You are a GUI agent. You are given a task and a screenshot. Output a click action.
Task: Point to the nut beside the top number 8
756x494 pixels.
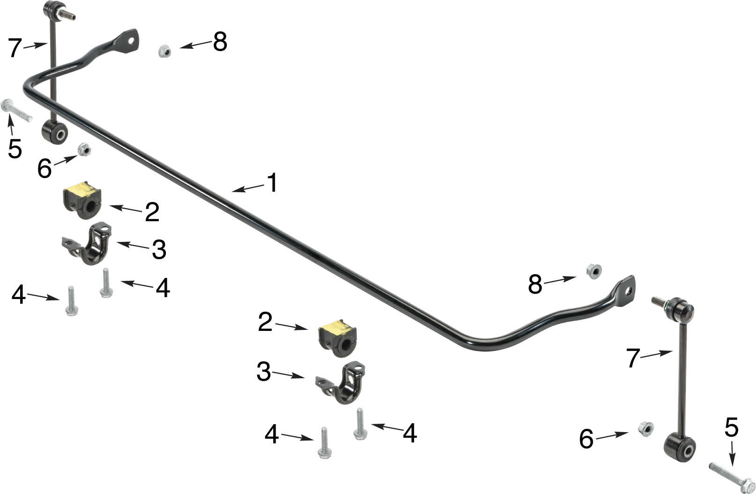point(165,50)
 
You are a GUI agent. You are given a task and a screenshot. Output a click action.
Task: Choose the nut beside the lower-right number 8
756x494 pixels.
point(594,271)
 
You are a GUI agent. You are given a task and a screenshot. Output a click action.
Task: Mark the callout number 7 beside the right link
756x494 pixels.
point(633,359)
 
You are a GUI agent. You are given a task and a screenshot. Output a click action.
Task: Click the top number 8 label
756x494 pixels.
point(219,42)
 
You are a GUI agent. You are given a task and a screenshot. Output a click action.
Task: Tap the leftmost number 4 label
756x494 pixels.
point(18,294)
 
